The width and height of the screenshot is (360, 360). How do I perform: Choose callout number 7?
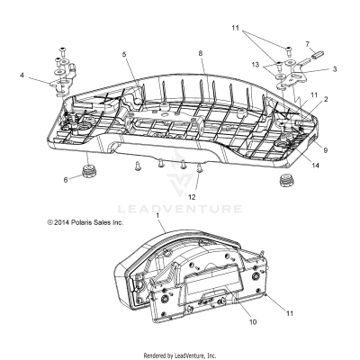pyautogui.click(x=307, y=42)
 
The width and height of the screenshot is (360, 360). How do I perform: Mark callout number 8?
pyautogui.click(x=188, y=54)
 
